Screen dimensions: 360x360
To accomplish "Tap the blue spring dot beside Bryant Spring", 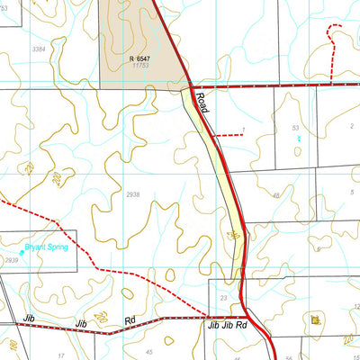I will [x=22, y=253].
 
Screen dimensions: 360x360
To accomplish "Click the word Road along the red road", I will [x=202, y=107].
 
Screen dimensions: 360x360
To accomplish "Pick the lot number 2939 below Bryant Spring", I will [x=11, y=260].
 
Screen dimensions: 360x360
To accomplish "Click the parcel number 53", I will [x=295, y=129].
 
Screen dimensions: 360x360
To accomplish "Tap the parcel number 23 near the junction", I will [x=222, y=296].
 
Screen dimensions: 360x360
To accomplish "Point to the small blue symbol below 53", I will [x=299, y=139].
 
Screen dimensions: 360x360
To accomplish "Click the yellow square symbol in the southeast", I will [x=314, y=319].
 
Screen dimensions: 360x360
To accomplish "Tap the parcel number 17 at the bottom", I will [x=61, y=355].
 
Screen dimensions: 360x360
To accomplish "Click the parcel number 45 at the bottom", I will [x=149, y=352].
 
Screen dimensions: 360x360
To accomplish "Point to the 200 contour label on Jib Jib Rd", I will [x=102, y=317].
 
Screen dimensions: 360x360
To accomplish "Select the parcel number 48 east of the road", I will [x=275, y=194].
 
